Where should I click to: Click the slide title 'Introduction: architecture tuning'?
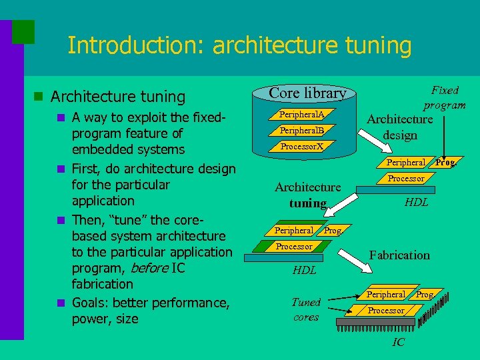coord(239,45)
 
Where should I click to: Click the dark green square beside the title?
coord(23,31)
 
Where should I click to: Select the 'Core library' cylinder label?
coord(307,93)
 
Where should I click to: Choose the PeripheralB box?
coord(301,130)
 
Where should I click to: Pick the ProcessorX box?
coord(301,146)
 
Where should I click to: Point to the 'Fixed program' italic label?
coord(445,97)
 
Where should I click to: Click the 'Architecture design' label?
coord(399,127)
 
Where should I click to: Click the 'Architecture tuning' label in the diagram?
coord(307,195)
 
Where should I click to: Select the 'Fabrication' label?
coord(399,255)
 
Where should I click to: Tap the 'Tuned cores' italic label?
coord(306,309)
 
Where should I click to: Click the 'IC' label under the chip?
coord(398,342)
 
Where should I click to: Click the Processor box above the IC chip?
coord(386,311)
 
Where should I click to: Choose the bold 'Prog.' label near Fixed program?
coord(445,162)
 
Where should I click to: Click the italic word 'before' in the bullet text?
coord(149,268)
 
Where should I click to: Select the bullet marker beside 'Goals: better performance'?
coord(61,303)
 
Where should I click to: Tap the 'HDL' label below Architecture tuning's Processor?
coord(304,271)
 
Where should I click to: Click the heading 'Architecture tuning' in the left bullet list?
coord(118,97)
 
